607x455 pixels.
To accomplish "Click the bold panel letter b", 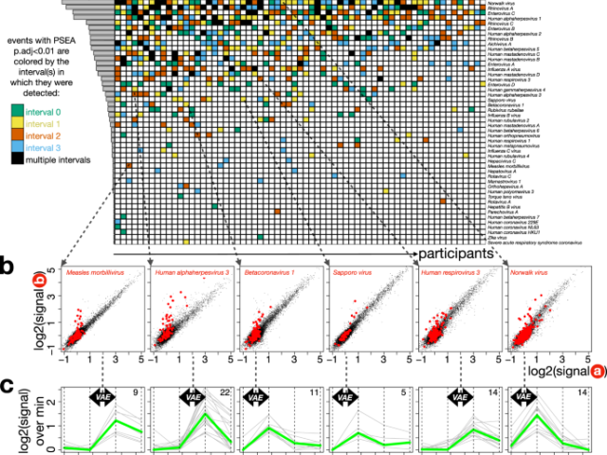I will click(x=8, y=266).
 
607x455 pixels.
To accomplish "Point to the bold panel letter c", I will click(x=8, y=387).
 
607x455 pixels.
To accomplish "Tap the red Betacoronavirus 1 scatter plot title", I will click(x=268, y=274).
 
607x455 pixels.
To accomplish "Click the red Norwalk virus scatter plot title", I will click(x=530, y=274).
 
